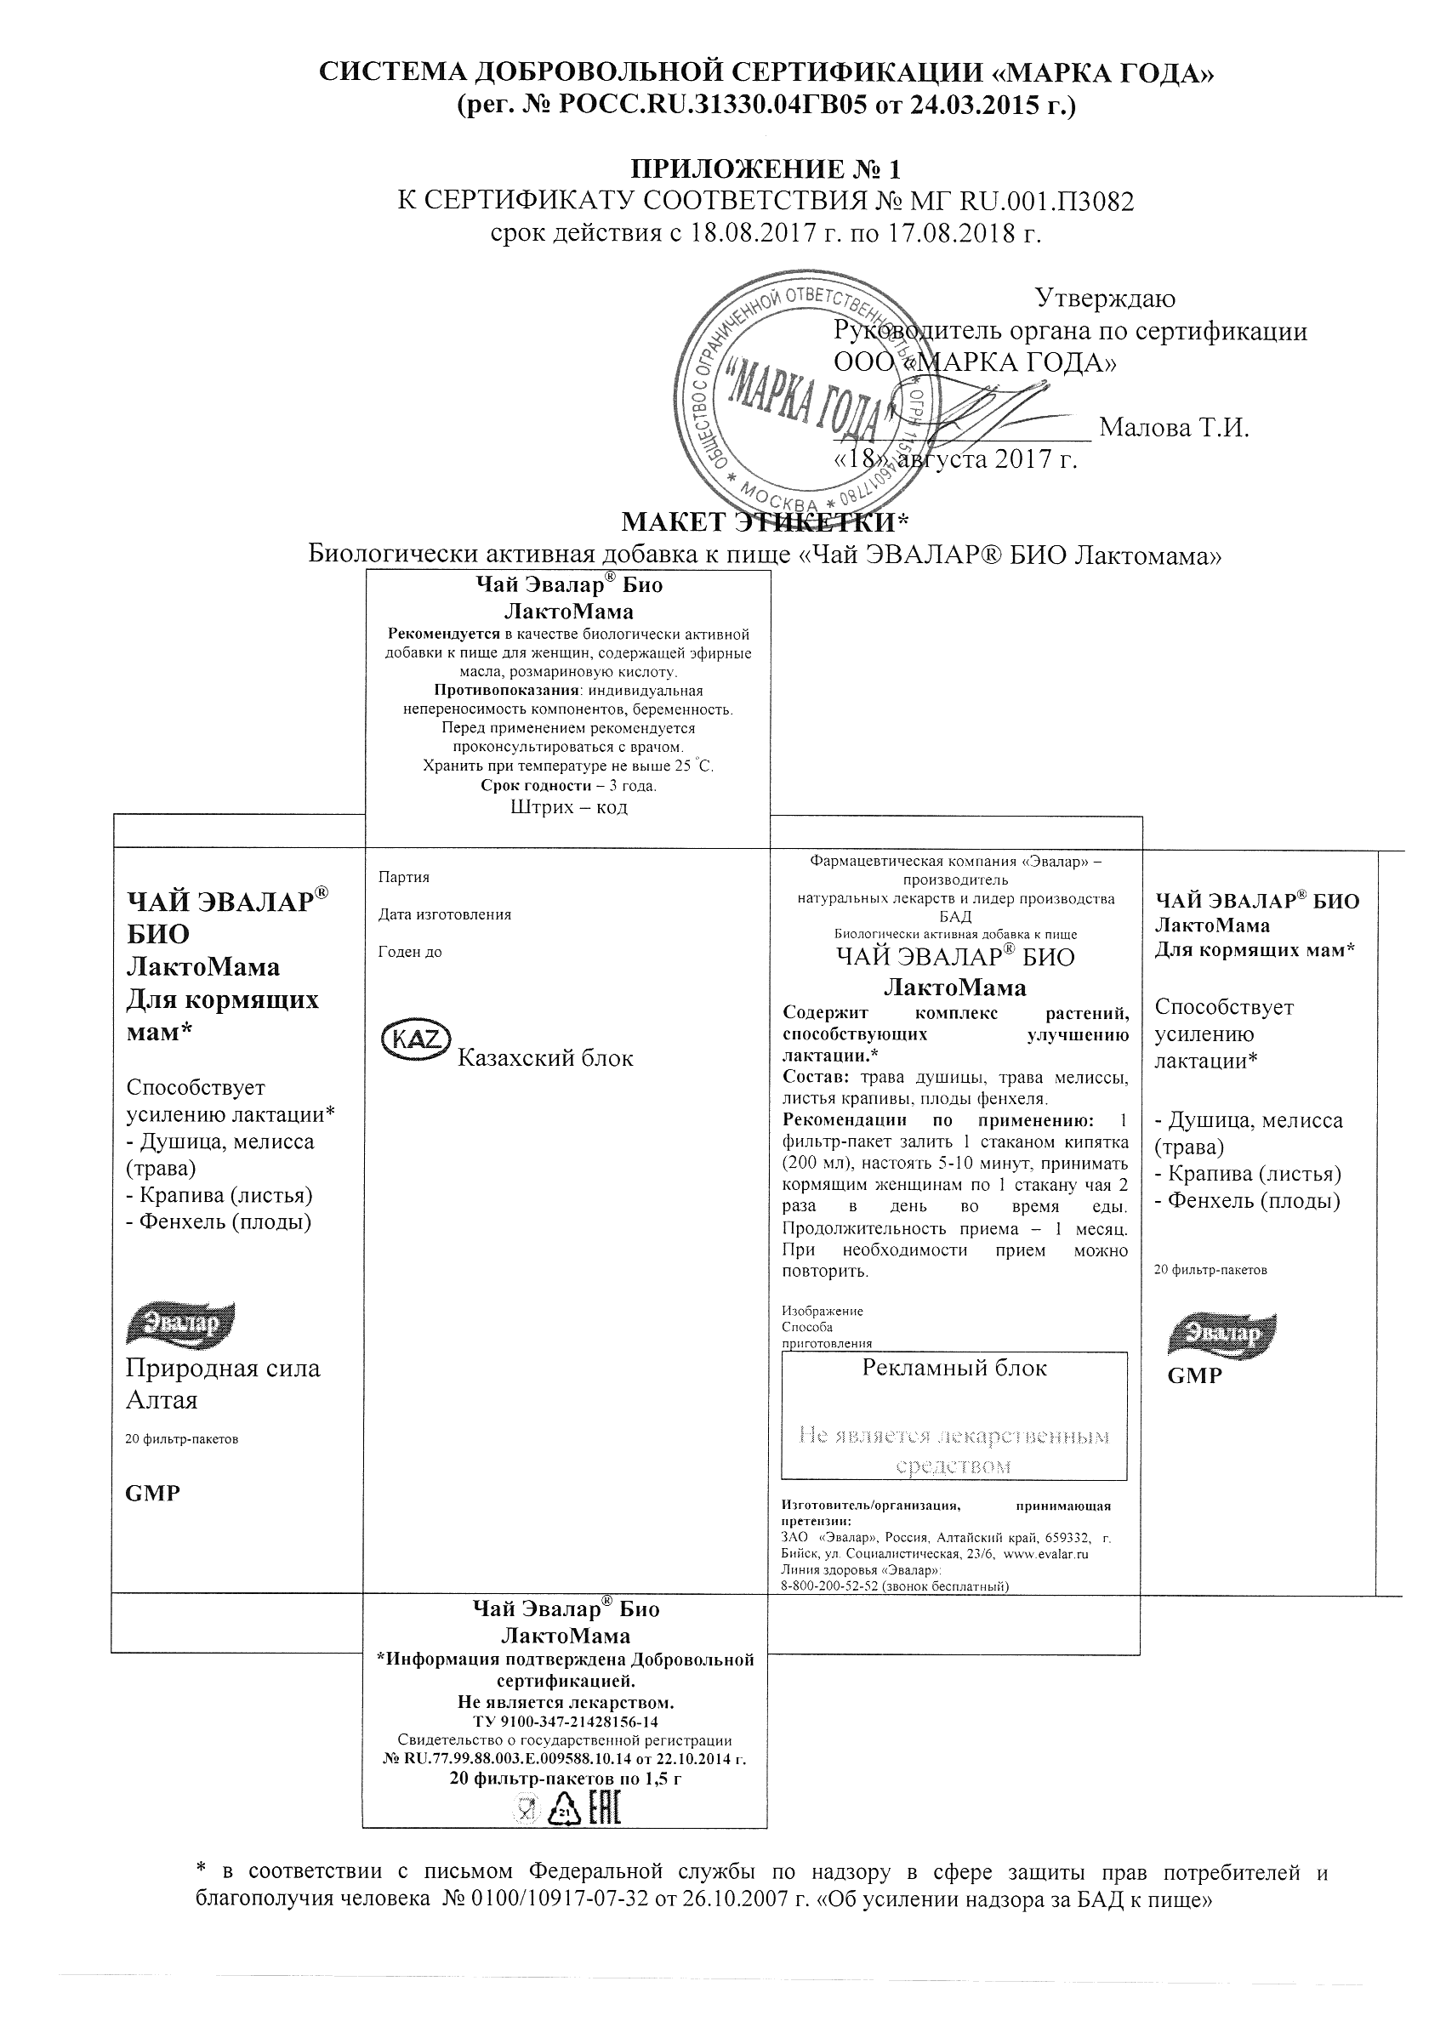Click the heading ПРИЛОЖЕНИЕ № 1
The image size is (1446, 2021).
pyautogui.click(x=766, y=168)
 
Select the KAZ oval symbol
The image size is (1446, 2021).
pyautogui.click(x=416, y=1038)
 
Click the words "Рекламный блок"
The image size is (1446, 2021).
pyautogui.click(x=954, y=1368)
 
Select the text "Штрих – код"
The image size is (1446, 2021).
pyautogui.click(x=569, y=807)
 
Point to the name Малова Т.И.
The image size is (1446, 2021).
pyautogui.click(x=1175, y=428)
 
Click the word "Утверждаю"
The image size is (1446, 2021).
pyautogui.click(x=1105, y=298)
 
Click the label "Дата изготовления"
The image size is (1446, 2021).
pyautogui.click(x=444, y=914)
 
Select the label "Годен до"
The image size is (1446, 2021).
pyautogui.click(x=410, y=952)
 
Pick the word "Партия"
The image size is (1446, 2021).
pyautogui.click(x=403, y=877)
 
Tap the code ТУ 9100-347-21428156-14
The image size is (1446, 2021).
pyautogui.click(x=565, y=1721)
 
